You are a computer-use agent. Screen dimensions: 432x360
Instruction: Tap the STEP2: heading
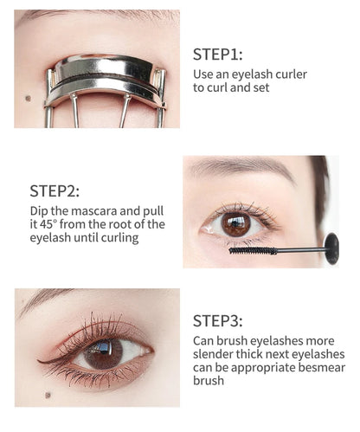point(55,190)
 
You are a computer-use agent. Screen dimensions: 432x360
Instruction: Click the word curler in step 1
point(286,74)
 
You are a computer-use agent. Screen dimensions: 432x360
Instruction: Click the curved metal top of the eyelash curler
point(105,66)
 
